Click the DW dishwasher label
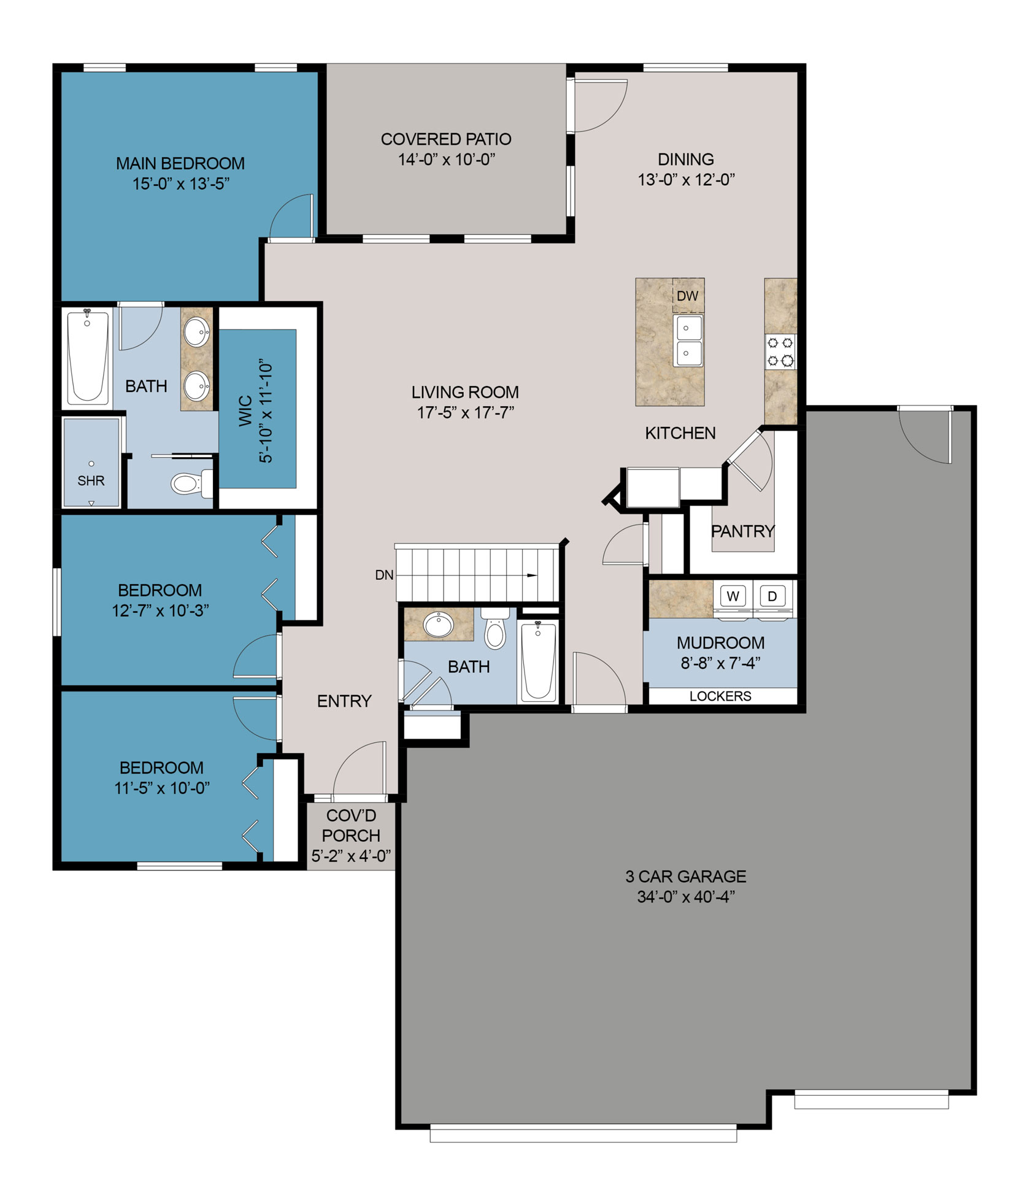[x=687, y=296]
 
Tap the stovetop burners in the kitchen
[x=780, y=352]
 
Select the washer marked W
[x=733, y=596]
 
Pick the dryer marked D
[x=772, y=596]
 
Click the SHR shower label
[x=91, y=481]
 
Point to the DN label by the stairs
[x=384, y=575]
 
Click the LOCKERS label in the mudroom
[x=720, y=696]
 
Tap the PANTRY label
[x=742, y=531]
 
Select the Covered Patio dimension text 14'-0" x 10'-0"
[x=446, y=160]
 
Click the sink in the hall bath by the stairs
[x=438, y=625]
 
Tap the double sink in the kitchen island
[x=688, y=341]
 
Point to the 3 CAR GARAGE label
[x=686, y=876]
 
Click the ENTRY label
[x=344, y=701]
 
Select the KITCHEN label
[x=680, y=433]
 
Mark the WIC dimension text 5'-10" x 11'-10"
[x=266, y=410]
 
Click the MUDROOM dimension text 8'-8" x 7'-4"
[x=720, y=663]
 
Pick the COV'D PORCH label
[x=351, y=825]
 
